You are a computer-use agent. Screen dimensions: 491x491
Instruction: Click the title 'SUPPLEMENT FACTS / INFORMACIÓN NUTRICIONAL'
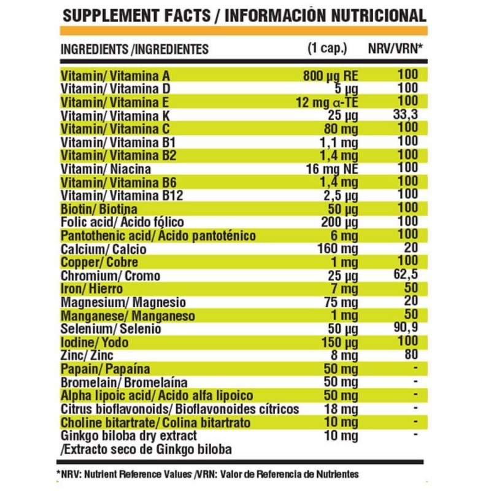tap(244, 16)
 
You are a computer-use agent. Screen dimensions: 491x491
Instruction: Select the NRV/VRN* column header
tap(395, 48)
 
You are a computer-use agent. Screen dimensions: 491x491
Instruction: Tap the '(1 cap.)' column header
tap(327, 48)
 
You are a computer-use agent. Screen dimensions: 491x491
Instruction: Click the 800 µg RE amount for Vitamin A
tap(330, 76)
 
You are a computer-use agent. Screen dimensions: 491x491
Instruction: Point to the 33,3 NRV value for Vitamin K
tap(406, 115)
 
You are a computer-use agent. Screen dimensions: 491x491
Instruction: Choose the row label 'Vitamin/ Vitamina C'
tap(115, 129)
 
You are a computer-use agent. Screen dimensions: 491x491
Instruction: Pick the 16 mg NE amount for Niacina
tap(332, 169)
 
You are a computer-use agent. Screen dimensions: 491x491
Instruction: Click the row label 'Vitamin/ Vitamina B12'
tap(122, 196)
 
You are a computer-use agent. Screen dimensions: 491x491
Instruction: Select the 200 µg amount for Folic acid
tap(339, 222)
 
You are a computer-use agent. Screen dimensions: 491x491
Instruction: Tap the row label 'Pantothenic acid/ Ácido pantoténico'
tap(158, 236)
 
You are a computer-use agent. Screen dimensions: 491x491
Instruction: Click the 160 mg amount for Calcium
tap(338, 249)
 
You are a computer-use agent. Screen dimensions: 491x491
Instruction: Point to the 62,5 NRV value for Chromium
tap(406, 274)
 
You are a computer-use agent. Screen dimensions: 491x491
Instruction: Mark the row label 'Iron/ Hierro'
tap(91, 288)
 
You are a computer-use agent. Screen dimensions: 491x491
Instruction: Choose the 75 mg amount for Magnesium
tap(341, 303)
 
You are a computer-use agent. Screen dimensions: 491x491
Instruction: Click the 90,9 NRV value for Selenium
tap(406, 328)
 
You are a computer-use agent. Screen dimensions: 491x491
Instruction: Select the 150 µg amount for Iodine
tap(339, 342)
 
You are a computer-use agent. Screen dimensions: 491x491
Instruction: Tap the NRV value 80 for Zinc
tap(411, 354)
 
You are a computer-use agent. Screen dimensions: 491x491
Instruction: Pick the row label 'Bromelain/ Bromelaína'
tap(124, 382)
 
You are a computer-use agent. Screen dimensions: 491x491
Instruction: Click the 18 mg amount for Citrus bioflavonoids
tap(341, 409)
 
